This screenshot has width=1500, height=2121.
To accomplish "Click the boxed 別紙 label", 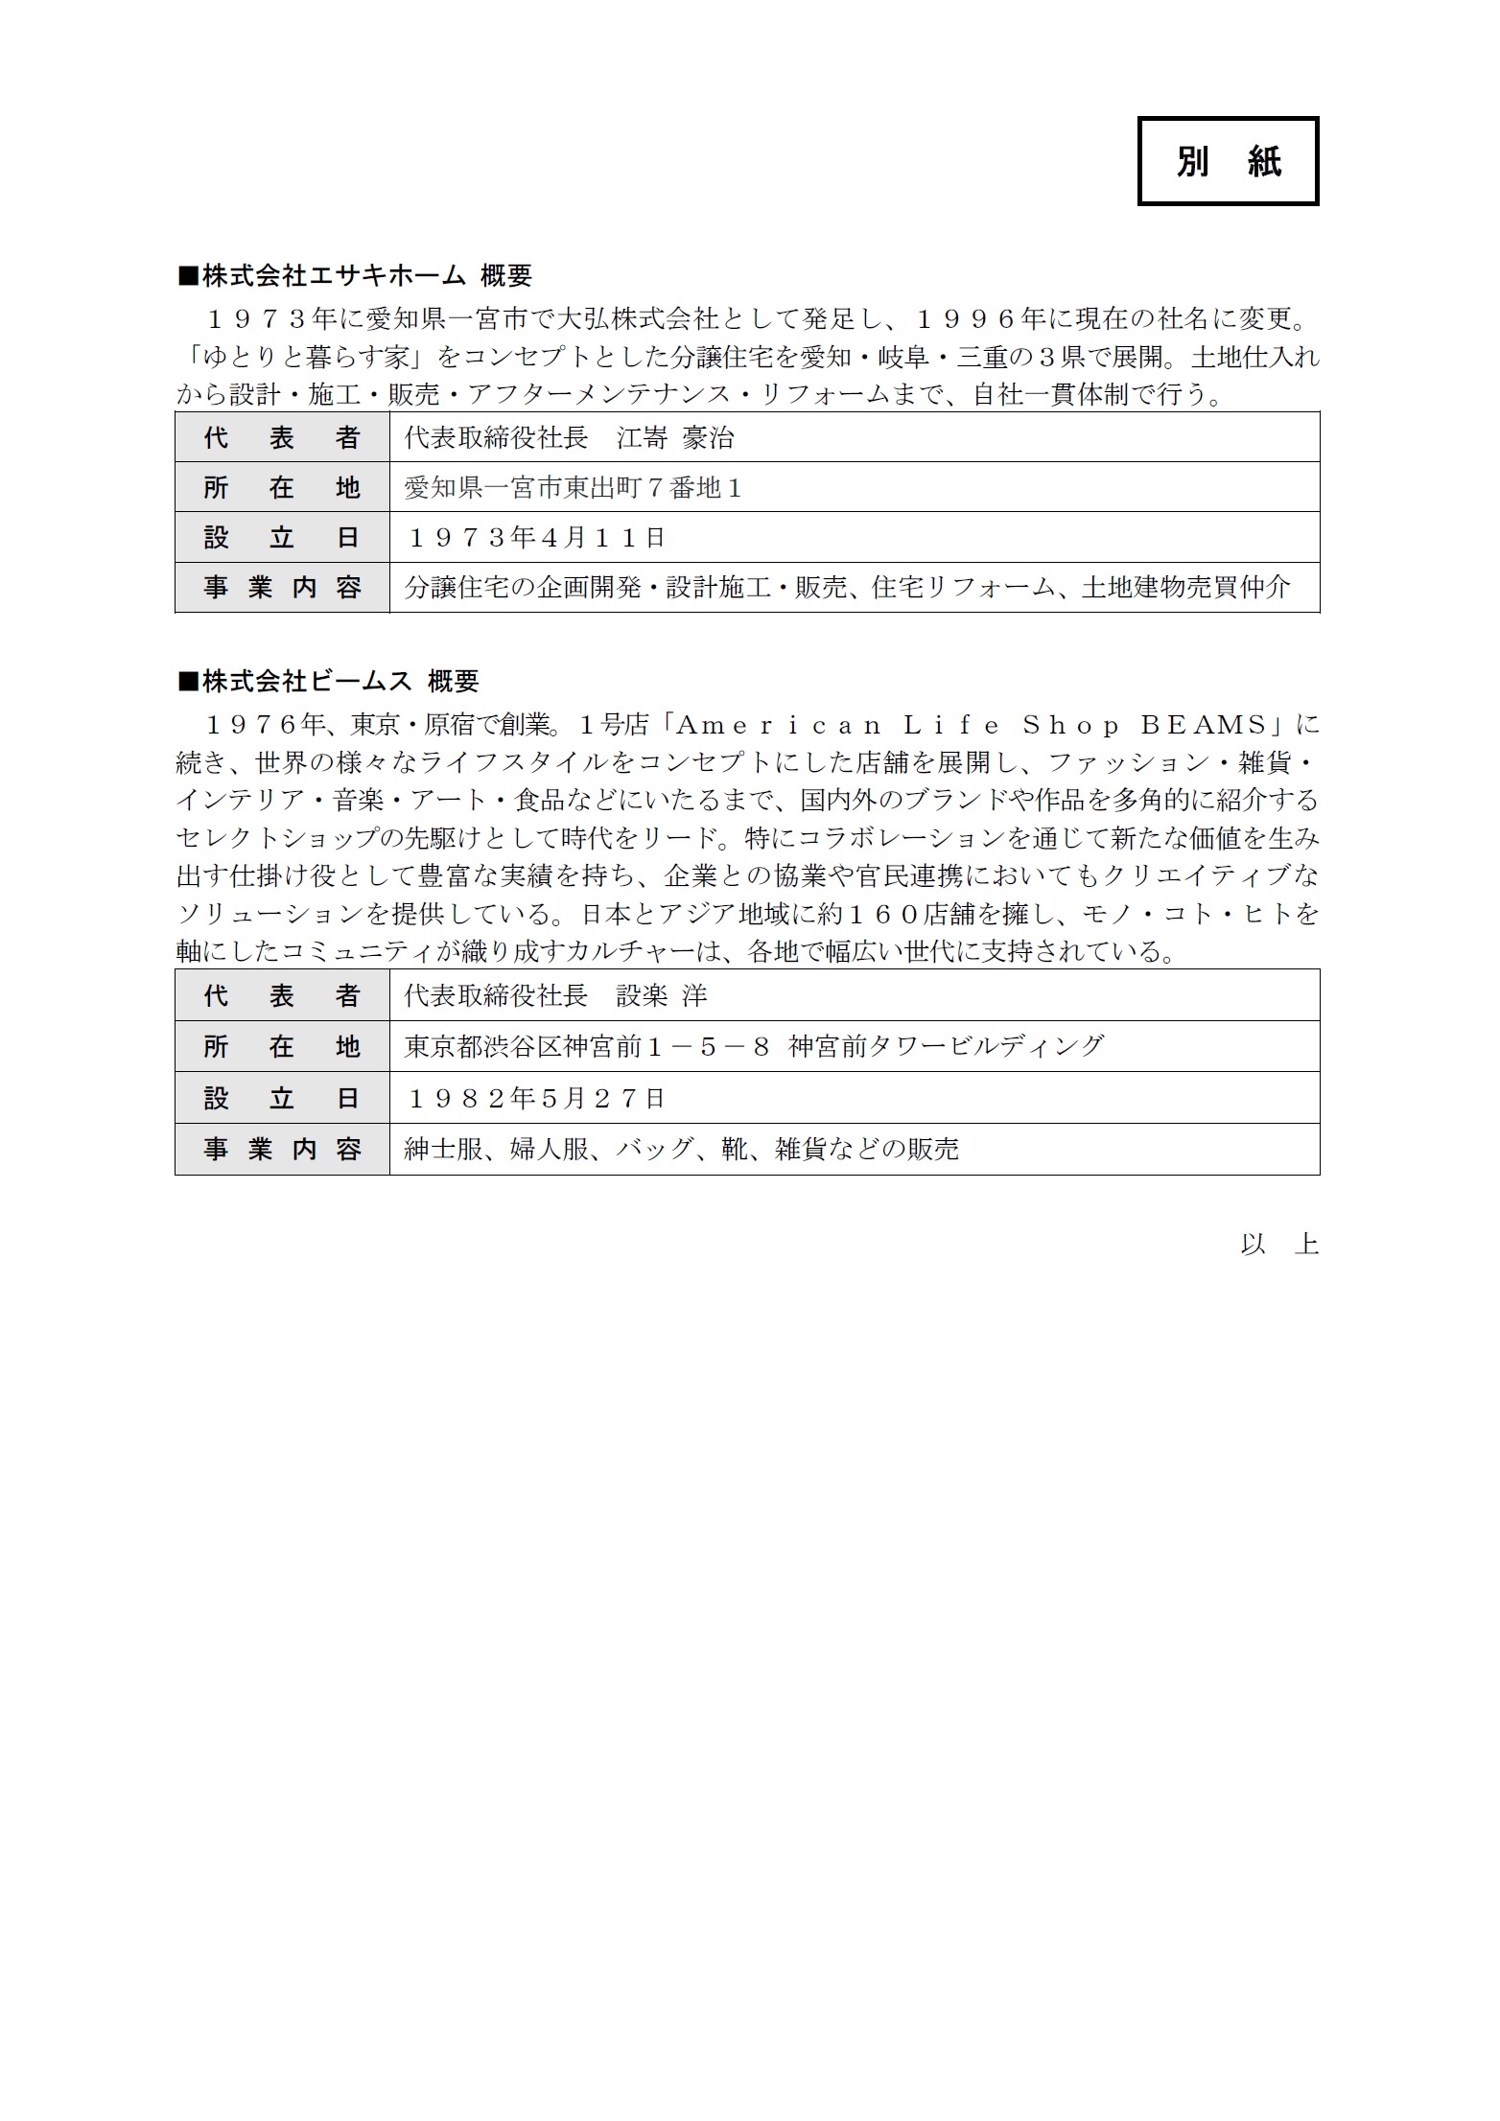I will tap(1228, 161).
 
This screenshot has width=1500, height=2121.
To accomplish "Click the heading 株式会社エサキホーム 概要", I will tap(356, 276).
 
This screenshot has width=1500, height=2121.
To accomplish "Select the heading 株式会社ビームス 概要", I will tap(329, 682).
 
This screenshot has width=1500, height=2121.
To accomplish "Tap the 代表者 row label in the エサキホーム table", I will tap(282, 438).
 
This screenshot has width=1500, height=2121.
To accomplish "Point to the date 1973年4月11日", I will tap(537, 538).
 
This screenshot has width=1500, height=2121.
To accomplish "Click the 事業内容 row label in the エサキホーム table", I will tap(282, 587).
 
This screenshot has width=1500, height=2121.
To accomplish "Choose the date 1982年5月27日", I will tap(537, 1098).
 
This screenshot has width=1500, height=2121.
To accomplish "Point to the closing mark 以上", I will tap(1279, 1245).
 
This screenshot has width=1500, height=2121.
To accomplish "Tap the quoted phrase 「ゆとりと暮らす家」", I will tap(305, 358).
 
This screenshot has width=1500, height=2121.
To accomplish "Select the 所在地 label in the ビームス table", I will tap(282, 1046).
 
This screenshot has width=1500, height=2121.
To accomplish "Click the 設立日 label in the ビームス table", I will tap(282, 1098).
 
